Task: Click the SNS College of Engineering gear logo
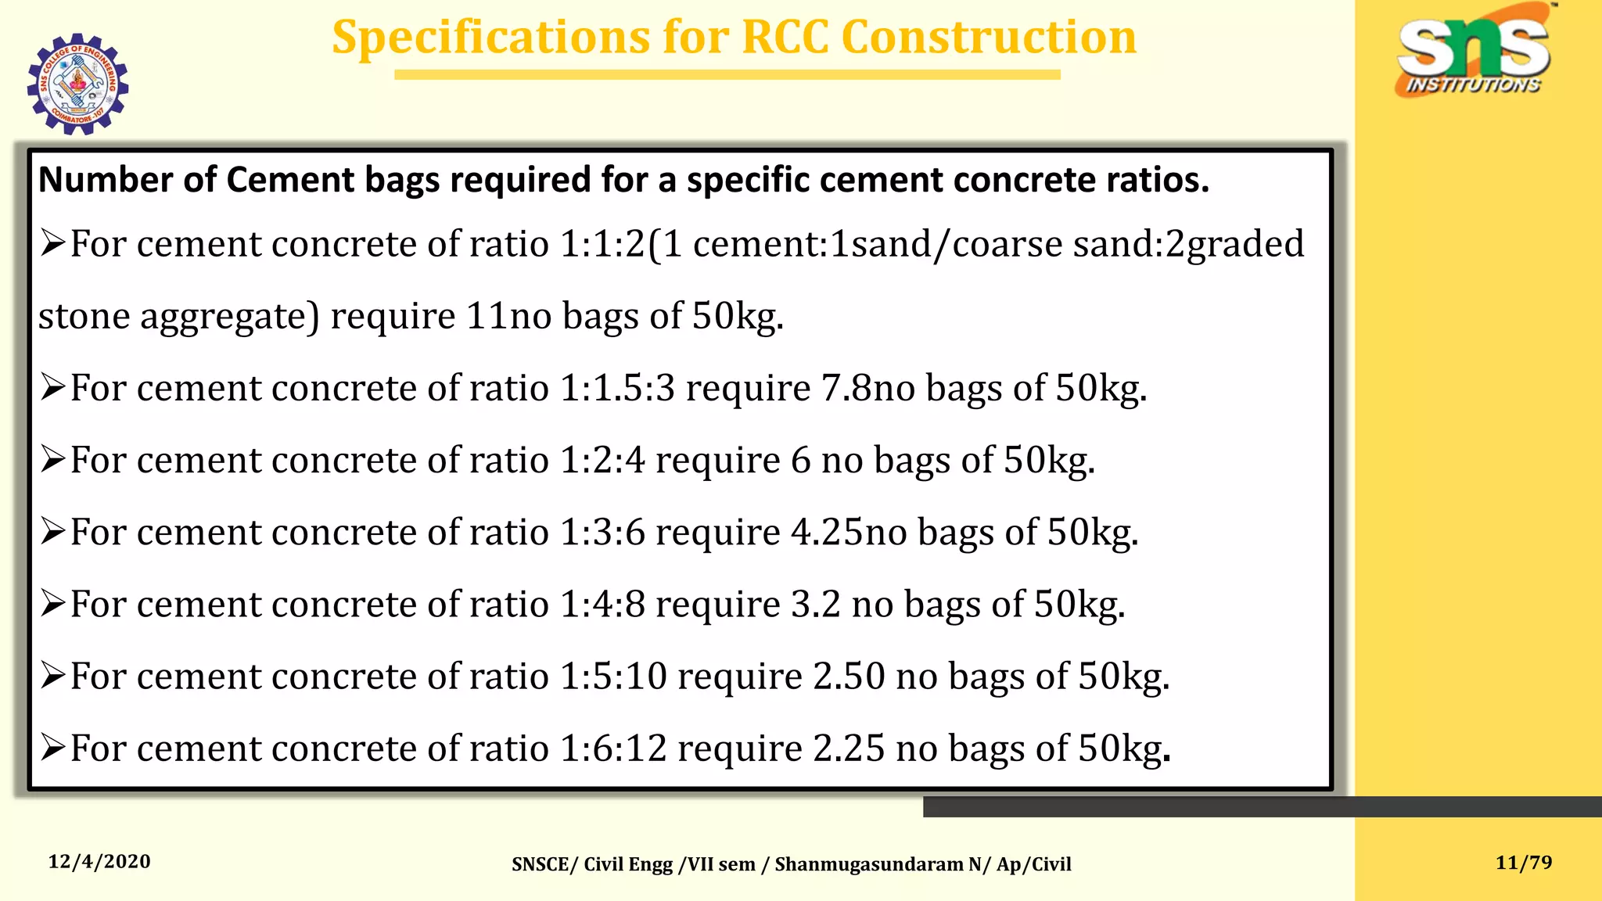tap(77, 84)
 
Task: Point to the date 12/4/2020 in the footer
tap(99, 862)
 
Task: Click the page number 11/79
tap(1523, 863)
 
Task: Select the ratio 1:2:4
tap(602, 460)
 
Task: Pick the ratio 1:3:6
tap(602, 532)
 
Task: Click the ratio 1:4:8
tap(602, 604)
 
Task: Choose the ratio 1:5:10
tap(613, 676)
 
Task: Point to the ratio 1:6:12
tap(613, 748)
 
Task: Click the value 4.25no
tap(848, 532)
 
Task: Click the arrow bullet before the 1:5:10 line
tap(52, 675)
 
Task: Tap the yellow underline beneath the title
tap(727, 74)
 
